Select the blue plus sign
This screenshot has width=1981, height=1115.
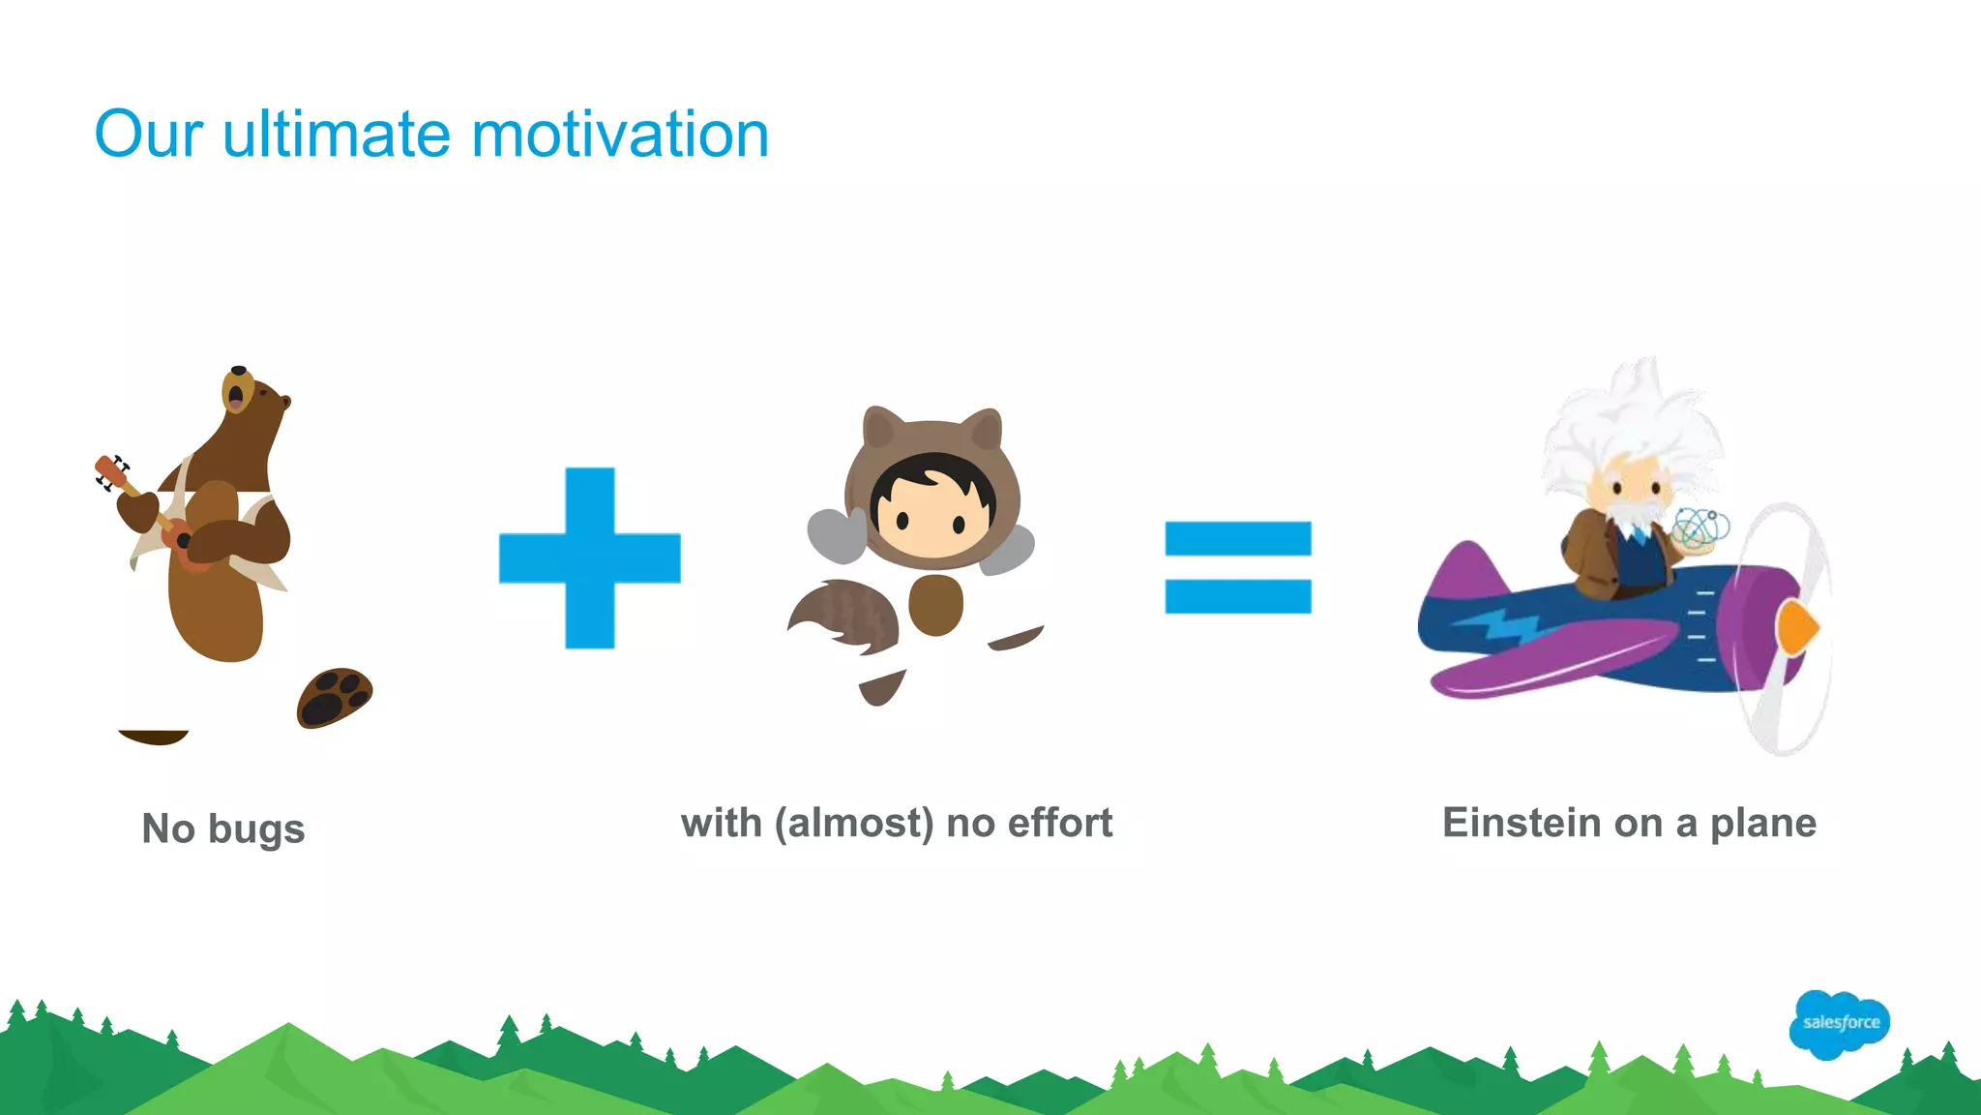(x=590, y=557)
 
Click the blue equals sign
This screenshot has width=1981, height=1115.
(x=1238, y=567)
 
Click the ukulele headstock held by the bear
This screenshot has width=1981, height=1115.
(x=108, y=471)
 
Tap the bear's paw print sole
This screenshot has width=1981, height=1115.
(x=335, y=696)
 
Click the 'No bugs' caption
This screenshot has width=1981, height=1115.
(x=223, y=829)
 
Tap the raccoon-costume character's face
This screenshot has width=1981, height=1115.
(x=931, y=513)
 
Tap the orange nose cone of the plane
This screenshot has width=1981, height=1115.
(x=1797, y=627)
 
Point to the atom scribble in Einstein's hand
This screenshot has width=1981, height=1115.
(x=1700, y=527)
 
